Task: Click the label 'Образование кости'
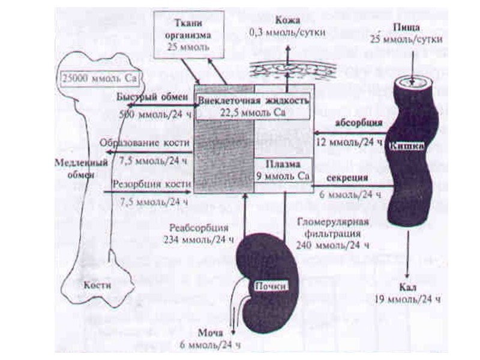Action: (x=148, y=143)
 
